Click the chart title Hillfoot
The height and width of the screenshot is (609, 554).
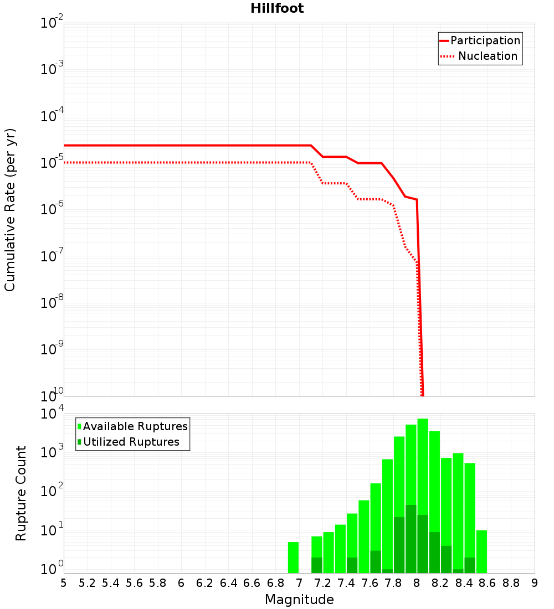coord(277,8)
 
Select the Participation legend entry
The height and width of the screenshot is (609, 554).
coord(480,40)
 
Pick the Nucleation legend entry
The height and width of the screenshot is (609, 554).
coord(479,56)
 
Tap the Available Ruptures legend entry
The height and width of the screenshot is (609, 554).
coord(132,426)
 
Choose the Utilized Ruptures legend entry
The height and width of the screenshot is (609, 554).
coord(129,442)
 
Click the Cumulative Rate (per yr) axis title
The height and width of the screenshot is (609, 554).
coord(10,210)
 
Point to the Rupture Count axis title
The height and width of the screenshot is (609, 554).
coord(20,493)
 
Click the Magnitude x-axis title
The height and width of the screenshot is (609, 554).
coord(299,600)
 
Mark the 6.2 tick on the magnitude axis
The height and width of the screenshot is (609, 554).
coord(204,584)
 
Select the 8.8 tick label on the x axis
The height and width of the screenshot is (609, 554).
coord(511,584)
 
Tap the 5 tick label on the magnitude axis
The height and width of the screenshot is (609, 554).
coord(64,584)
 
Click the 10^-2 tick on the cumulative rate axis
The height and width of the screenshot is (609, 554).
coord(52,22)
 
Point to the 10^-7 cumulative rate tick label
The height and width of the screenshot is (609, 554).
coord(52,255)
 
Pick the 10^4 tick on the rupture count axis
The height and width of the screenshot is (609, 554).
coord(52,413)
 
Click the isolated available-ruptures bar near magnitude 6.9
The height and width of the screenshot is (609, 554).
coord(293,558)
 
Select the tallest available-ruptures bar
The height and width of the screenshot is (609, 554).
coord(423,496)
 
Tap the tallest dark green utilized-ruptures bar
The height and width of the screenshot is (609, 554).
coord(411,539)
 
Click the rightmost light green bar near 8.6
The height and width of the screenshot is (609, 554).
coord(481,551)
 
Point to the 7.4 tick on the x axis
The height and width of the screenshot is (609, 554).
coord(346,584)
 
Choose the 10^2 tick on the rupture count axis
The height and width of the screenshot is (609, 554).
coord(52,491)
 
